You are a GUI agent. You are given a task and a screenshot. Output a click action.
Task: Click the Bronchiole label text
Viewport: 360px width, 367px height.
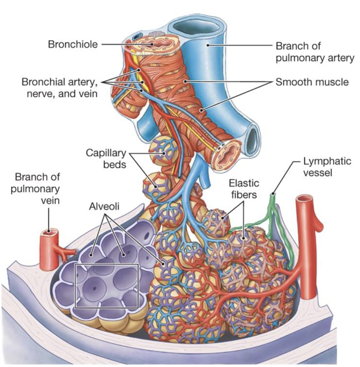click(73, 44)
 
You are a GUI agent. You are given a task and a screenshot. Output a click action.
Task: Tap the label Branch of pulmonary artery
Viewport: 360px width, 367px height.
click(314, 52)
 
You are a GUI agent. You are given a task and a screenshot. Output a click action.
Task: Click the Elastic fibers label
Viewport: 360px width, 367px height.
click(244, 188)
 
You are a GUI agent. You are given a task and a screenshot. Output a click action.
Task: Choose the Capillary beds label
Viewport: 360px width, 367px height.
click(106, 158)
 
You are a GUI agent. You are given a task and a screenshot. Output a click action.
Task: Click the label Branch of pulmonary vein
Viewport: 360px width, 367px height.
click(37, 188)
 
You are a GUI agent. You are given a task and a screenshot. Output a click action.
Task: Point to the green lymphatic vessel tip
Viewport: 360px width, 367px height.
click(273, 192)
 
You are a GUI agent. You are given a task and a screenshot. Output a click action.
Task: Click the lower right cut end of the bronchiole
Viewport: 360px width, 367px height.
click(228, 152)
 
